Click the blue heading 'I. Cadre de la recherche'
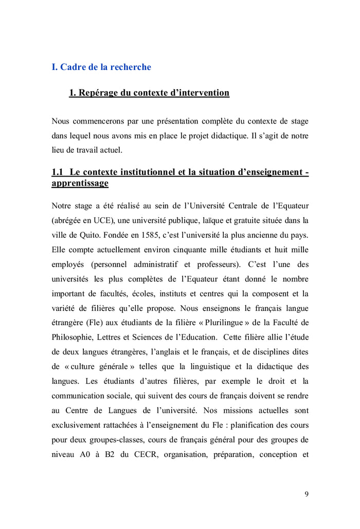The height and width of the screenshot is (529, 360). pyautogui.click(x=101, y=67)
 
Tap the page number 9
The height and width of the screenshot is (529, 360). pyautogui.click(x=307, y=495)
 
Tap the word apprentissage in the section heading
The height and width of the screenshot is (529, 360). pyautogui.click(x=80, y=183)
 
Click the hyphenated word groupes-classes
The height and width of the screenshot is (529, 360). pyautogui.click(x=110, y=440)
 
